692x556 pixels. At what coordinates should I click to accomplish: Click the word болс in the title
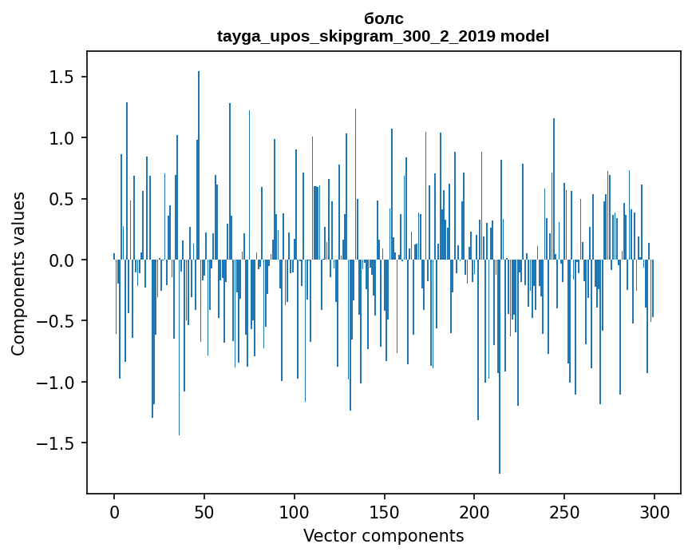[383, 18]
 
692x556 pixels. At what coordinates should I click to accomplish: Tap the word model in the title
[524, 36]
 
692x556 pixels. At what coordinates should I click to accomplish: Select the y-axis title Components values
[18, 273]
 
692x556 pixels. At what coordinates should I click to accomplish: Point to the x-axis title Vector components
[383, 535]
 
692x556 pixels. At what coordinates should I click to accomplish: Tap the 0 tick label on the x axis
[114, 511]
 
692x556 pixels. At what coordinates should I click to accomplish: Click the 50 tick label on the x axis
[204, 511]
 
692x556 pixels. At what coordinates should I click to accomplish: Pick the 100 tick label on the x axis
[295, 511]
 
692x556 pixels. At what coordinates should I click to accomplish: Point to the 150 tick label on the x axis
[385, 511]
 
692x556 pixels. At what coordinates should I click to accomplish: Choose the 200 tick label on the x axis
[474, 511]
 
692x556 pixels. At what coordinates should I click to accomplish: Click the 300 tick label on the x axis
[654, 511]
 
